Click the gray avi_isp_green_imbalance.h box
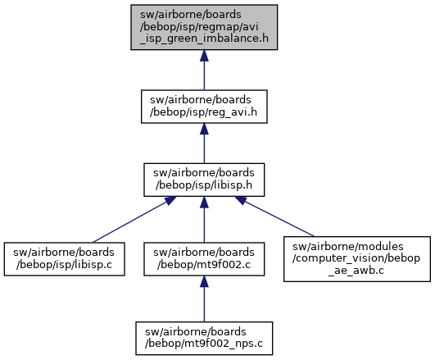pyautogui.click(x=204, y=27)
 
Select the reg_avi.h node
pyautogui.click(x=204, y=107)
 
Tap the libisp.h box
pyautogui.click(x=204, y=180)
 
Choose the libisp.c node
pyautogui.click(x=64, y=259)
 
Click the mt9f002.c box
pyautogui.click(x=204, y=259)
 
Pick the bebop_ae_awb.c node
pyautogui.click(x=357, y=259)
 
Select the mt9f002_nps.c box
pyautogui.click(x=204, y=339)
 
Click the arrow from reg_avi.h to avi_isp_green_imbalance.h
pyautogui.click(x=204, y=70)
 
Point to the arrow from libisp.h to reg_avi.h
pyautogui.click(x=204, y=144)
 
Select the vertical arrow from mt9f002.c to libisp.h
pyautogui.click(x=204, y=220)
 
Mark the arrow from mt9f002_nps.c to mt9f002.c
pyautogui.click(x=204, y=298)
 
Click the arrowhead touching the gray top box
pyautogui.click(x=204, y=56)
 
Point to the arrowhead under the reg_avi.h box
pyautogui.click(x=204, y=129)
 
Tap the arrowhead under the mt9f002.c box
pyautogui.click(x=204, y=281)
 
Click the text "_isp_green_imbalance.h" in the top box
pyautogui.click(x=205, y=39)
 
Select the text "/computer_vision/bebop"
pyautogui.click(x=356, y=258)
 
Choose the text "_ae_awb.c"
pyautogui.click(x=356, y=271)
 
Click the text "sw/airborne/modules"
pyautogui.click(x=348, y=246)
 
